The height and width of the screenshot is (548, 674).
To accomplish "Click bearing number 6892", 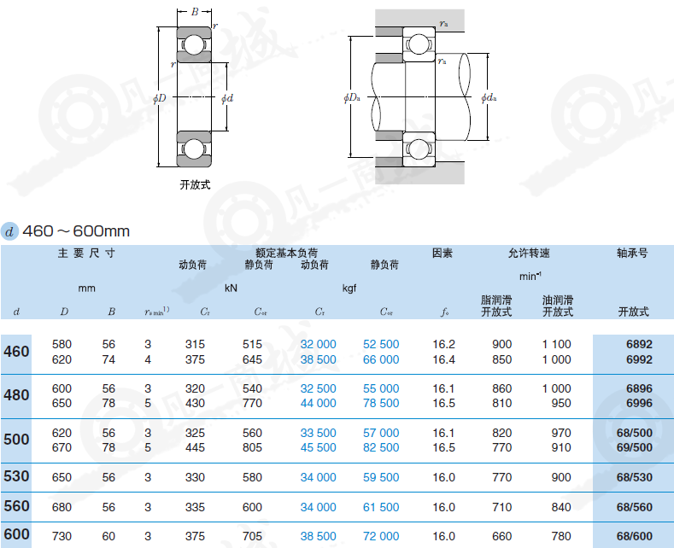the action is (x=639, y=344).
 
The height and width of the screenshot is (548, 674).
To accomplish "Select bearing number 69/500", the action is (x=634, y=447).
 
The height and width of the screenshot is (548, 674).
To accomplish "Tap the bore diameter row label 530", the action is (x=16, y=476).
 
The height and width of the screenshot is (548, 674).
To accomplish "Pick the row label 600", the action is (x=16, y=534).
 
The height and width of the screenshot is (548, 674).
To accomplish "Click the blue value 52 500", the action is (x=381, y=344).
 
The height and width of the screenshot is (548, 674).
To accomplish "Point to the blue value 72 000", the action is (x=381, y=536).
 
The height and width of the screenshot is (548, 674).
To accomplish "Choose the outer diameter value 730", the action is (x=62, y=536).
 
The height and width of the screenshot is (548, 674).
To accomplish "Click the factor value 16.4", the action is (x=443, y=359).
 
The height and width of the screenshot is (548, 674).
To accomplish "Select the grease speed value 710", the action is (x=501, y=507).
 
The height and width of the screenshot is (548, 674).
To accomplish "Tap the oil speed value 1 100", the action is (x=556, y=344).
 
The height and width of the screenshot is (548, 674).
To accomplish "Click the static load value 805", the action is (x=252, y=447).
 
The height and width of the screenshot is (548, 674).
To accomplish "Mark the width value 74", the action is (x=108, y=359).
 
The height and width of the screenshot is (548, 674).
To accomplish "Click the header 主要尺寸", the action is (x=86, y=254).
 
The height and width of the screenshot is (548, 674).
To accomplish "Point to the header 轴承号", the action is (x=632, y=253).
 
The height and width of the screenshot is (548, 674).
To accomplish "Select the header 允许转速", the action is (x=529, y=253).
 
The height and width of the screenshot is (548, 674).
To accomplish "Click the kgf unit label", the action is (x=349, y=288).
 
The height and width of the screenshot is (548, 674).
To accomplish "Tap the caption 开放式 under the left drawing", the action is (x=195, y=184).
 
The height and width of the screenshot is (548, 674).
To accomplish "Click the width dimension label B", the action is (x=195, y=12).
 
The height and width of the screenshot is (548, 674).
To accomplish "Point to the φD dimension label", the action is (x=160, y=99).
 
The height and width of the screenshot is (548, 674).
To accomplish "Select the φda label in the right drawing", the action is (x=489, y=98).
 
